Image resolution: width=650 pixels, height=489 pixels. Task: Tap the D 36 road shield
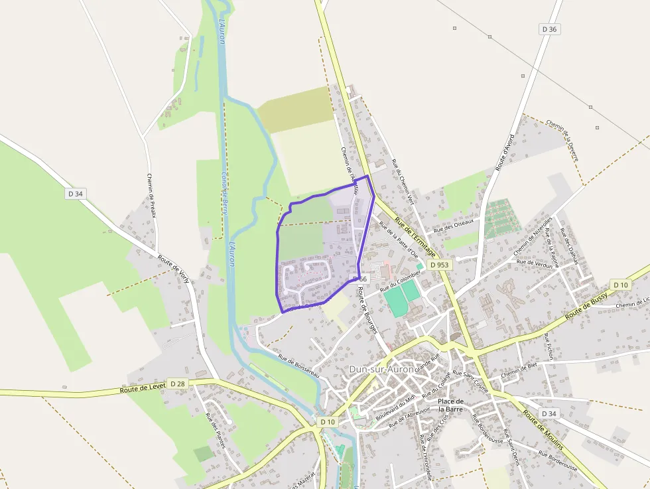point(549,29)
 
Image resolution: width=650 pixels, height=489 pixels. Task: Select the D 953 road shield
point(439,265)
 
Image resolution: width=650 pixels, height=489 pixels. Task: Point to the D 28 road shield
point(177,384)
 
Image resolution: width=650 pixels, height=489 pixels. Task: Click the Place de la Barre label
point(451,405)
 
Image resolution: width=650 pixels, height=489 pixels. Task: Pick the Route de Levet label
point(143,388)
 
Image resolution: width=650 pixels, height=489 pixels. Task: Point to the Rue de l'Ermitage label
point(415,238)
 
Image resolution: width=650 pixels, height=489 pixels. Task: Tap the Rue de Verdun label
point(535,264)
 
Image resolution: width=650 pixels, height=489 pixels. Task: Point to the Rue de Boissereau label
point(299,367)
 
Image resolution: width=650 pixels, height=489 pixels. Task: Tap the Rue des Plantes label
point(217,430)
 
